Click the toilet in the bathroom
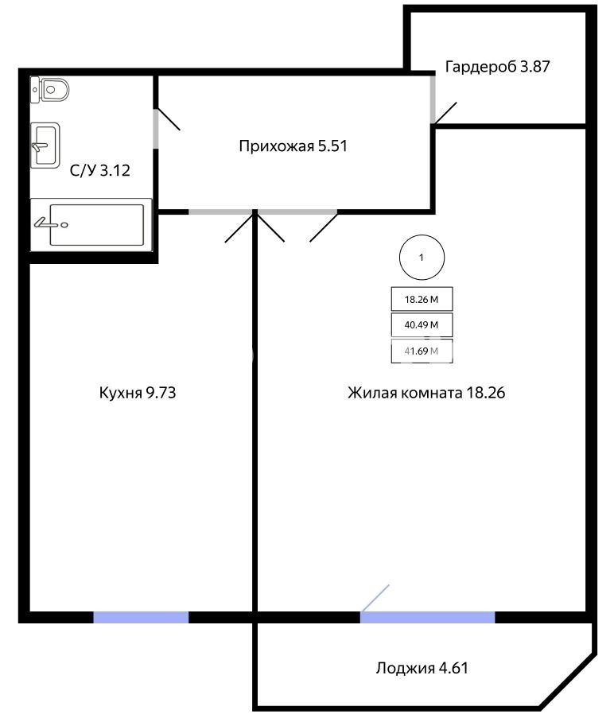click(49, 90)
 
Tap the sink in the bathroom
click(45, 146)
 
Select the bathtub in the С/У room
click(91, 225)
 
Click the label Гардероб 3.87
click(497, 67)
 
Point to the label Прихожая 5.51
click(293, 146)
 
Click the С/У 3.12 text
click(100, 170)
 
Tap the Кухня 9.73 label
click(138, 393)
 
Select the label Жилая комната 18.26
click(426, 393)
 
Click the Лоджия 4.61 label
click(422, 668)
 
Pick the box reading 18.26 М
click(422, 299)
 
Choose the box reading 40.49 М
click(422, 324)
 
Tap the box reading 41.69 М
click(422, 351)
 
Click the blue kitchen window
click(141, 617)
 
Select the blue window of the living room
click(428, 617)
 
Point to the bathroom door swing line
click(167, 119)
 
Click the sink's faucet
click(40, 146)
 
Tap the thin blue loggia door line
click(375, 598)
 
